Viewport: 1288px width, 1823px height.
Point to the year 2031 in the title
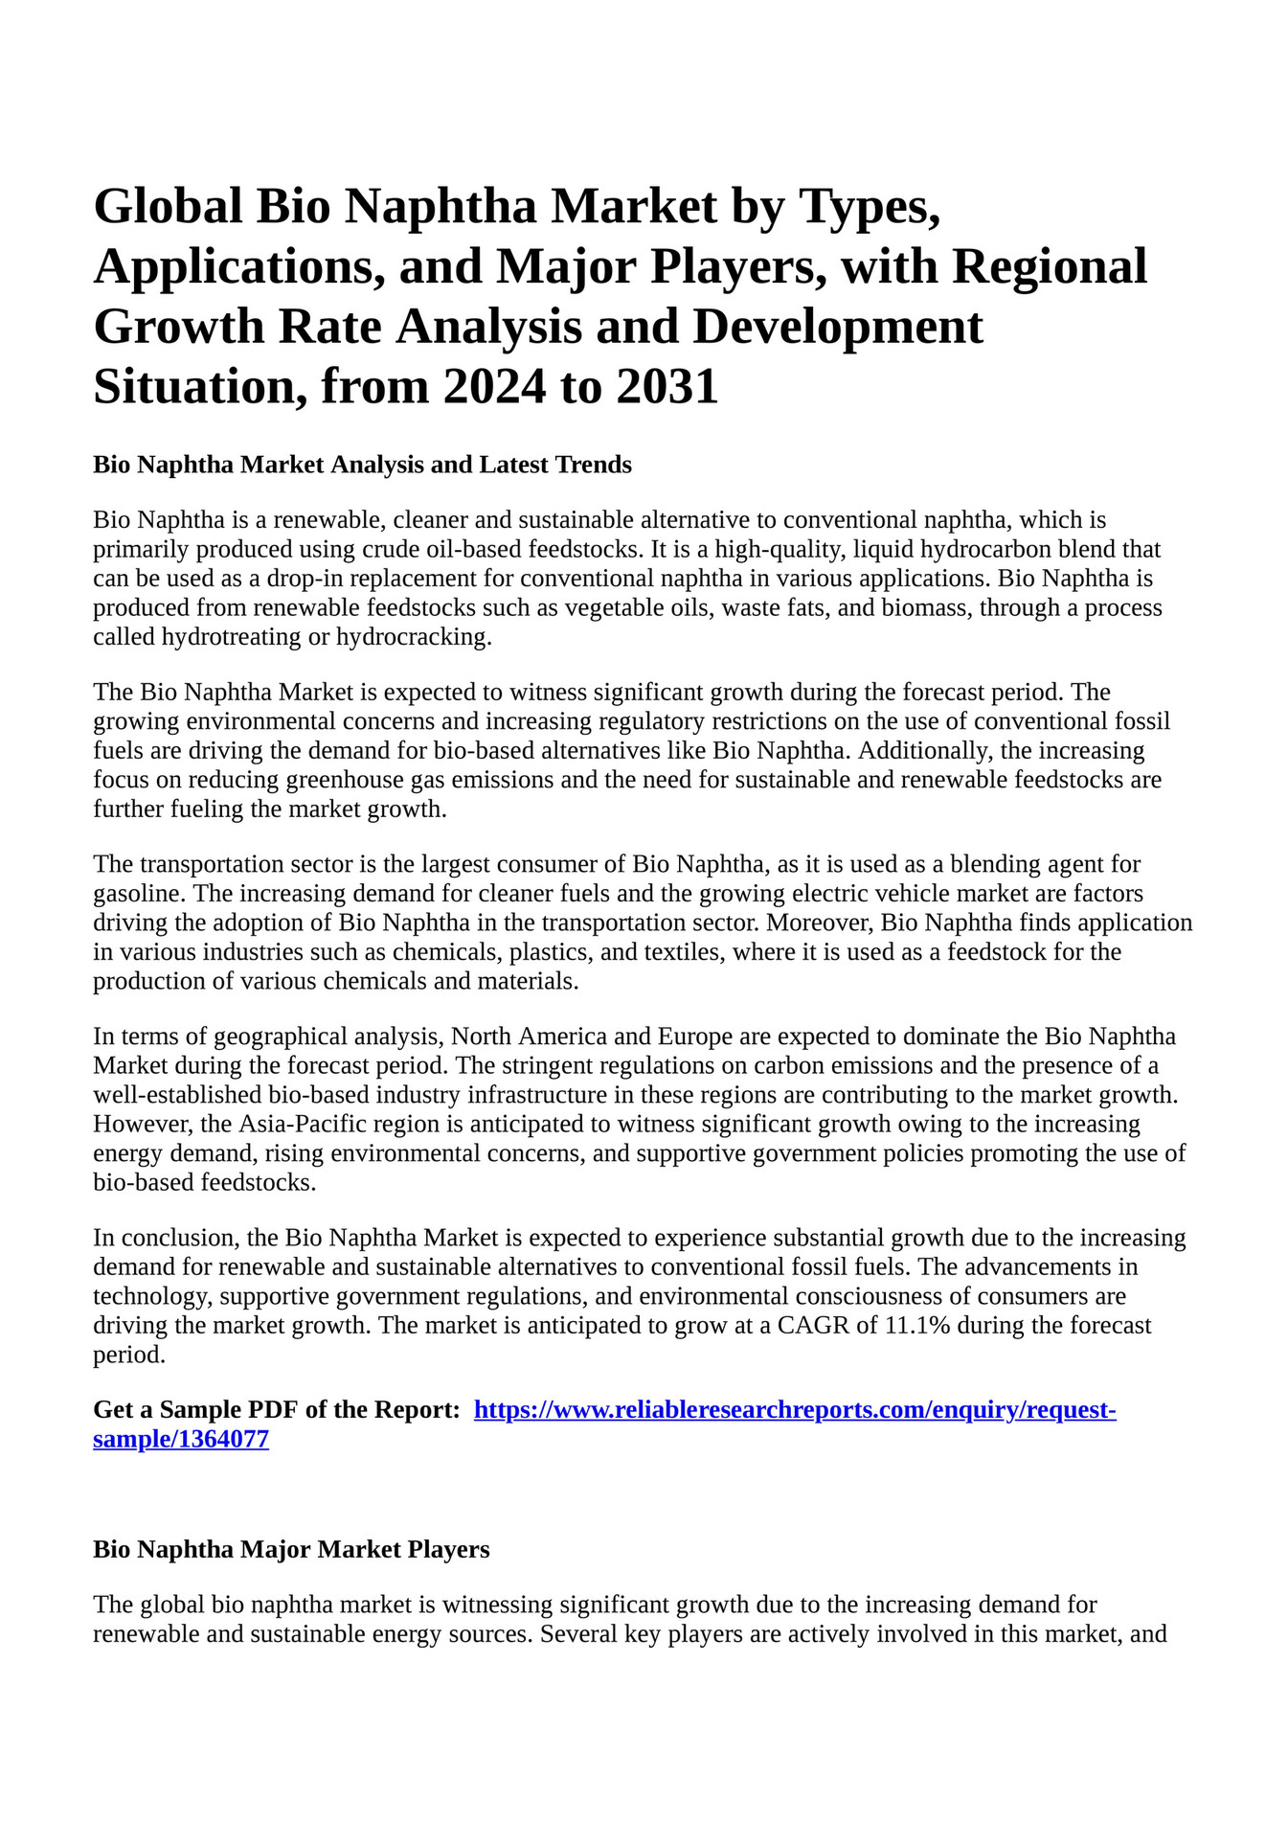point(667,387)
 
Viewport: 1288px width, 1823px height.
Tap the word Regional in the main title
point(1049,266)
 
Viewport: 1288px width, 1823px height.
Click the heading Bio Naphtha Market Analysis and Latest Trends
point(362,465)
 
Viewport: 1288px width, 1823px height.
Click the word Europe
point(695,1037)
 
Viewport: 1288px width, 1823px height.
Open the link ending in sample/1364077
point(181,1440)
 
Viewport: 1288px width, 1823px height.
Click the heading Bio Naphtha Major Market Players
point(291,1549)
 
